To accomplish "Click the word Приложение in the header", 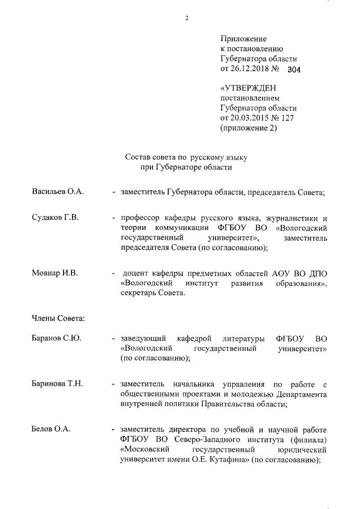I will tap(242, 39).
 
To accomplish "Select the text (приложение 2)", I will tap(248, 128).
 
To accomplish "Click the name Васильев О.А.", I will tap(57, 192).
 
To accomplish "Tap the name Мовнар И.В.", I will tap(54, 273).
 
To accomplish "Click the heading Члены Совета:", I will tap(58, 319).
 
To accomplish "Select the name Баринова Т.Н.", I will tap(57, 384).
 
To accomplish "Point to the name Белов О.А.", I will tap(51, 429).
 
